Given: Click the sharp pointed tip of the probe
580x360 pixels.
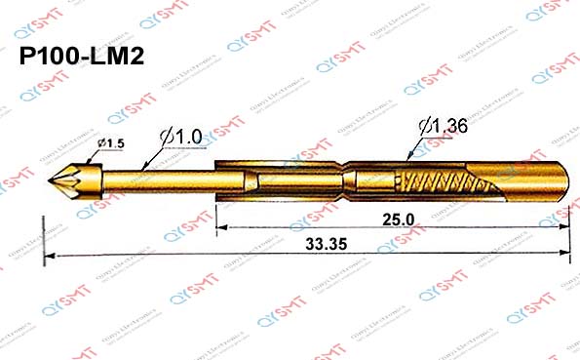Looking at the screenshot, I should tap(50, 182).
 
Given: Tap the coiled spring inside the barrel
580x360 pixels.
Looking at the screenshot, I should tap(439, 182).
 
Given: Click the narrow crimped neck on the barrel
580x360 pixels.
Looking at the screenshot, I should tap(345, 182).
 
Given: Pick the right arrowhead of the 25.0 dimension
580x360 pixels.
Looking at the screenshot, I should tap(566, 229).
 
